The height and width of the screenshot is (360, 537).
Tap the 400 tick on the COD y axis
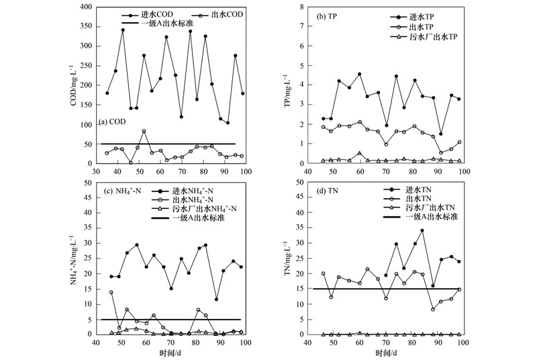coord(85,7)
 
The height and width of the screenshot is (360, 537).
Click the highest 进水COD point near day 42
coord(123,30)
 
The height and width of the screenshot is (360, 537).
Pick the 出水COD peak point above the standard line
coord(144,131)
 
